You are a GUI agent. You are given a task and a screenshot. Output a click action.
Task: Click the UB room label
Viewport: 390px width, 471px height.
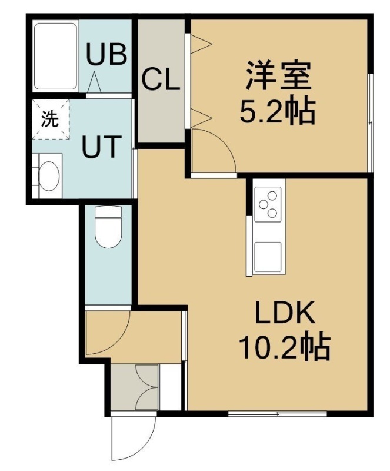click(x=106, y=54)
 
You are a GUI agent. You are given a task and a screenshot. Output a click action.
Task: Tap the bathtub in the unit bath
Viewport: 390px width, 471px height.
click(x=55, y=56)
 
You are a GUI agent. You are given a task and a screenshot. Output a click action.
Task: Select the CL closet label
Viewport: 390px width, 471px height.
click(x=161, y=79)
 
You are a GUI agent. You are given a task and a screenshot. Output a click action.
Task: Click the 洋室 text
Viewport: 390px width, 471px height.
click(x=278, y=75)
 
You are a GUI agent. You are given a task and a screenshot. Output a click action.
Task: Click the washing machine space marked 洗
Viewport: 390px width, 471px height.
click(x=51, y=120)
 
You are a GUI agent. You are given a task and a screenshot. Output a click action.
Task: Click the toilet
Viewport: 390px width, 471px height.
click(x=108, y=227)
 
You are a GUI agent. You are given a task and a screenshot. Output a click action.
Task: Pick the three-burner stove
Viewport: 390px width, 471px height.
click(x=268, y=204)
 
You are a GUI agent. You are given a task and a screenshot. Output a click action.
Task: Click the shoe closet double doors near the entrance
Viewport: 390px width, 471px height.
click(x=146, y=387)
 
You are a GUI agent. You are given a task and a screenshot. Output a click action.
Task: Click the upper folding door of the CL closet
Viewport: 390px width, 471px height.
click(x=201, y=44)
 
